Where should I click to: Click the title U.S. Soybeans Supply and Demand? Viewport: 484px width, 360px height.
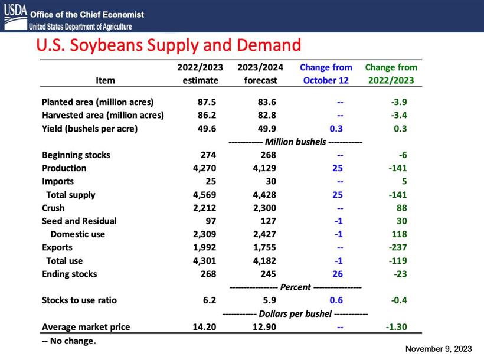[169, 45]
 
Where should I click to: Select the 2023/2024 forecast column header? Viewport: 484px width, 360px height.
[260, 74]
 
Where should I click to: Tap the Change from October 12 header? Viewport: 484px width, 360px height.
[326, 74]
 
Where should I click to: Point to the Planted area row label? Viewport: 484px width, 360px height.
[97, 102]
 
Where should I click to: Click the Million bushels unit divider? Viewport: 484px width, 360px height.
[295, 142]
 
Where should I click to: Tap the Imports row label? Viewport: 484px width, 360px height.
[58, 181]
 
